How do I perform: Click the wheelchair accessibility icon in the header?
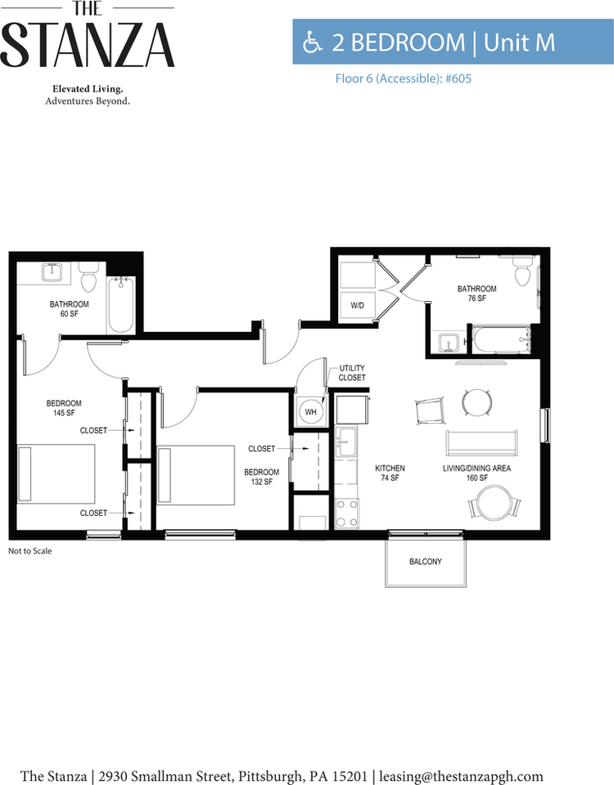pos(312,42)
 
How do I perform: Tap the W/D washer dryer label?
pos(358,305)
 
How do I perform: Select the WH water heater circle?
pos(311,412)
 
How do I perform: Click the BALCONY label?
pos(426,562)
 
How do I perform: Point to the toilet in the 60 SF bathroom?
pos(88,279)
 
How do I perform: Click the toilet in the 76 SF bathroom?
pos(522,271)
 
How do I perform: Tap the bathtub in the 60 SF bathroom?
pos(121,304)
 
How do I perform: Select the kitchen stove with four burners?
pos(346,513)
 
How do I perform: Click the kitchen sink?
pos(345,442)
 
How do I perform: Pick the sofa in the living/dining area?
pos(481,442)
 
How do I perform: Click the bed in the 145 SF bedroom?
pos(56,473)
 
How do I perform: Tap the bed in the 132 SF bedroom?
pos(196,474)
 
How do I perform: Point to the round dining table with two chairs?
pos(494,503)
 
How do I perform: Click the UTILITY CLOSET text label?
pos(352,373)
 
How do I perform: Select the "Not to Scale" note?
pos(30,550)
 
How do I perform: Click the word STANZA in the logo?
pos(88,46)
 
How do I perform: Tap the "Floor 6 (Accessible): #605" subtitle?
pos(404,78)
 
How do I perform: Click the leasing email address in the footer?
pos(461,776)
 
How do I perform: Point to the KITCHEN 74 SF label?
pos(390,473)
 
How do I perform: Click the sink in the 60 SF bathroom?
pos(51,273)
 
